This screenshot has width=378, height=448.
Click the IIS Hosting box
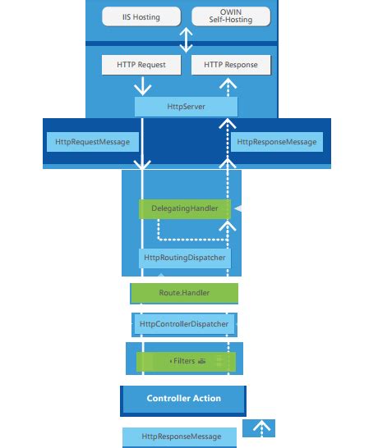click(x=141, y=16)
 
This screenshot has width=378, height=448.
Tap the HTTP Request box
click(x=141, y=65)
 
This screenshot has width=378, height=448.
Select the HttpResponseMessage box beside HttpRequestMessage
click(x=276, y=142)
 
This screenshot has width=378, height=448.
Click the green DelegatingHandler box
click(x=185, y=209)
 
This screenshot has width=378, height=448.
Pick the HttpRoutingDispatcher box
click(x=185, y=258)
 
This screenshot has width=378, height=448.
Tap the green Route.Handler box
click(x=185, y=292)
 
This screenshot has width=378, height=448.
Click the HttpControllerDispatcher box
click(x=184, y=324)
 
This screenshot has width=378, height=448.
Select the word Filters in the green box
click(x=182, y=361)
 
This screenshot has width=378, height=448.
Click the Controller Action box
click(x=183, y=399)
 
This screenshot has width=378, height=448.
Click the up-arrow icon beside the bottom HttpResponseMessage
click(x=259, y=428)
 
